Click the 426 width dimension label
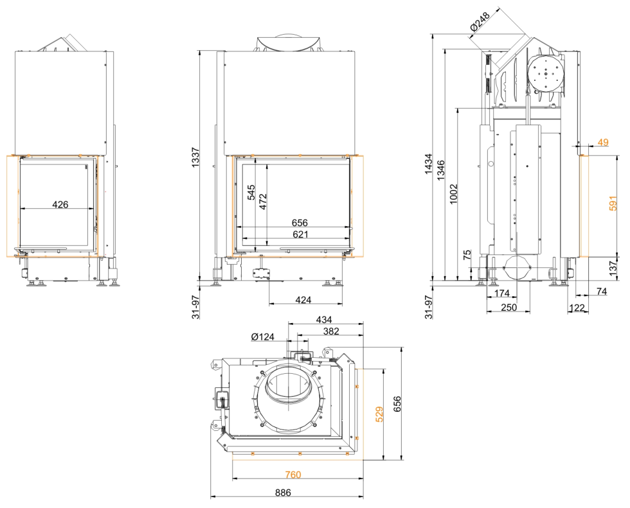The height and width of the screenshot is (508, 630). (x=60, y=204)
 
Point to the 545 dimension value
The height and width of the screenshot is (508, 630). (x=251, y=193)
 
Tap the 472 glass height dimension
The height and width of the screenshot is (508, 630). (x=262, y=202)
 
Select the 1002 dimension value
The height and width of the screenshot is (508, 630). (x=455, y=195)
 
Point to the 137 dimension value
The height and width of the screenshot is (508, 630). (x=613, y=268)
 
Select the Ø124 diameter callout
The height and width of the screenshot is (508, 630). (x=263, y=337)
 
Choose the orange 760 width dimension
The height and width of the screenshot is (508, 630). (x=292, y=475)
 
